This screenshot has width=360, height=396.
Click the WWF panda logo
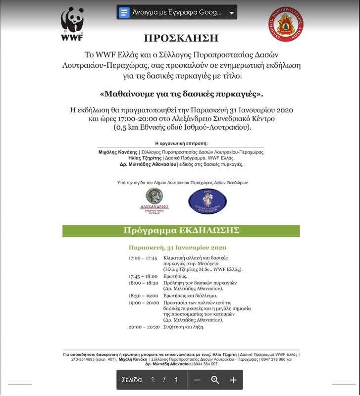72,24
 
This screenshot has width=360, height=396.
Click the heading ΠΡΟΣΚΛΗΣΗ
180,38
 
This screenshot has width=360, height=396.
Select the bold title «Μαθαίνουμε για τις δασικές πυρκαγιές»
181,93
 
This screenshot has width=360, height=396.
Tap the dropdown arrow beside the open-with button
232,13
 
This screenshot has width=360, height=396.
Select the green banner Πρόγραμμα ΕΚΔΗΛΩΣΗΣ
181,230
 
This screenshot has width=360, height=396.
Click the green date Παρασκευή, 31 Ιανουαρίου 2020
177,247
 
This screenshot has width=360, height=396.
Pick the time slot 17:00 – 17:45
143,258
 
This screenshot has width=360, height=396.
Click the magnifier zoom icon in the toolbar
215,380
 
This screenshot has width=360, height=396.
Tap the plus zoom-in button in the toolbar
233,380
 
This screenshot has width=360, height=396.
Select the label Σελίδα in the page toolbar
132,380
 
